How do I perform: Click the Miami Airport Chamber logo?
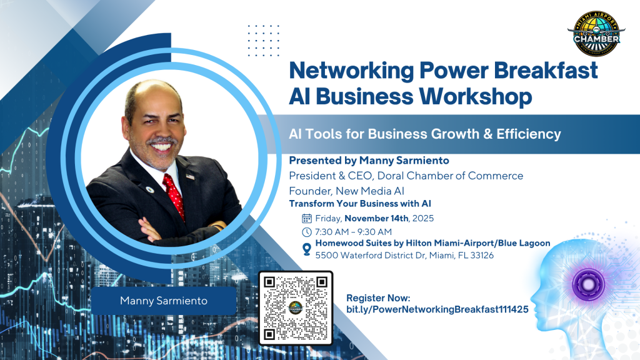pos(596,34)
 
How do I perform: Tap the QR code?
pos(296,308)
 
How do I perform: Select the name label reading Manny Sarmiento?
pos(164,301)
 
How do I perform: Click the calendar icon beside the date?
pos(306,218)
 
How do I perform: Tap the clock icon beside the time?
pos(306,232)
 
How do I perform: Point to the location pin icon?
pos(306,249)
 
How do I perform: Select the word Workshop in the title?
pos(476,97)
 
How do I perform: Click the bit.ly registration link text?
pos(437,309)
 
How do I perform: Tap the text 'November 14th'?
pos(376,218)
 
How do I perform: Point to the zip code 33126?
pos(482,256)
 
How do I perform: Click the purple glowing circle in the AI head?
pos(588,284)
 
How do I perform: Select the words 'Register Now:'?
pos(378,298)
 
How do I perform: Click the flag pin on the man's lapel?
pos(190,177)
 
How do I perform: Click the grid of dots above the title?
pos(264,41)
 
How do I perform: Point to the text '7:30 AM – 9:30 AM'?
pos(354,232)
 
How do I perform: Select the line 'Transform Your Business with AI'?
pos(360,204)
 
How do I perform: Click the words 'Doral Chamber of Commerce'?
pos(450,176)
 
